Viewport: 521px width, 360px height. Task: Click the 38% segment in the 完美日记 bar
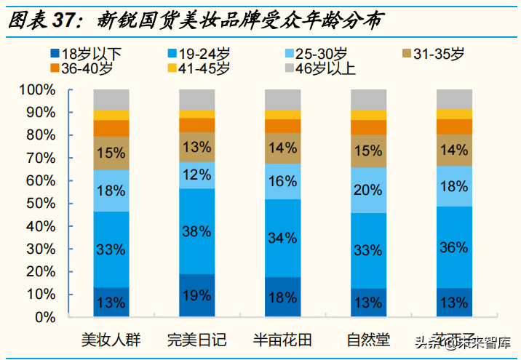pyautogui.click(x=196, y=231)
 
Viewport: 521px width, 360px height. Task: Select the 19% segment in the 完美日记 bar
pyautogui.click(x=196, y=296)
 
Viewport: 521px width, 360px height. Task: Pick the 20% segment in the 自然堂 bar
pyautogui.click(x=369, y=191)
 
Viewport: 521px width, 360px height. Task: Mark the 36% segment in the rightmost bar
pyautogui.click(x=454, y=247)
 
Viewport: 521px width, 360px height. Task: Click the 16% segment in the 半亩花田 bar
pyautogui.click(x=283, y=182)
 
